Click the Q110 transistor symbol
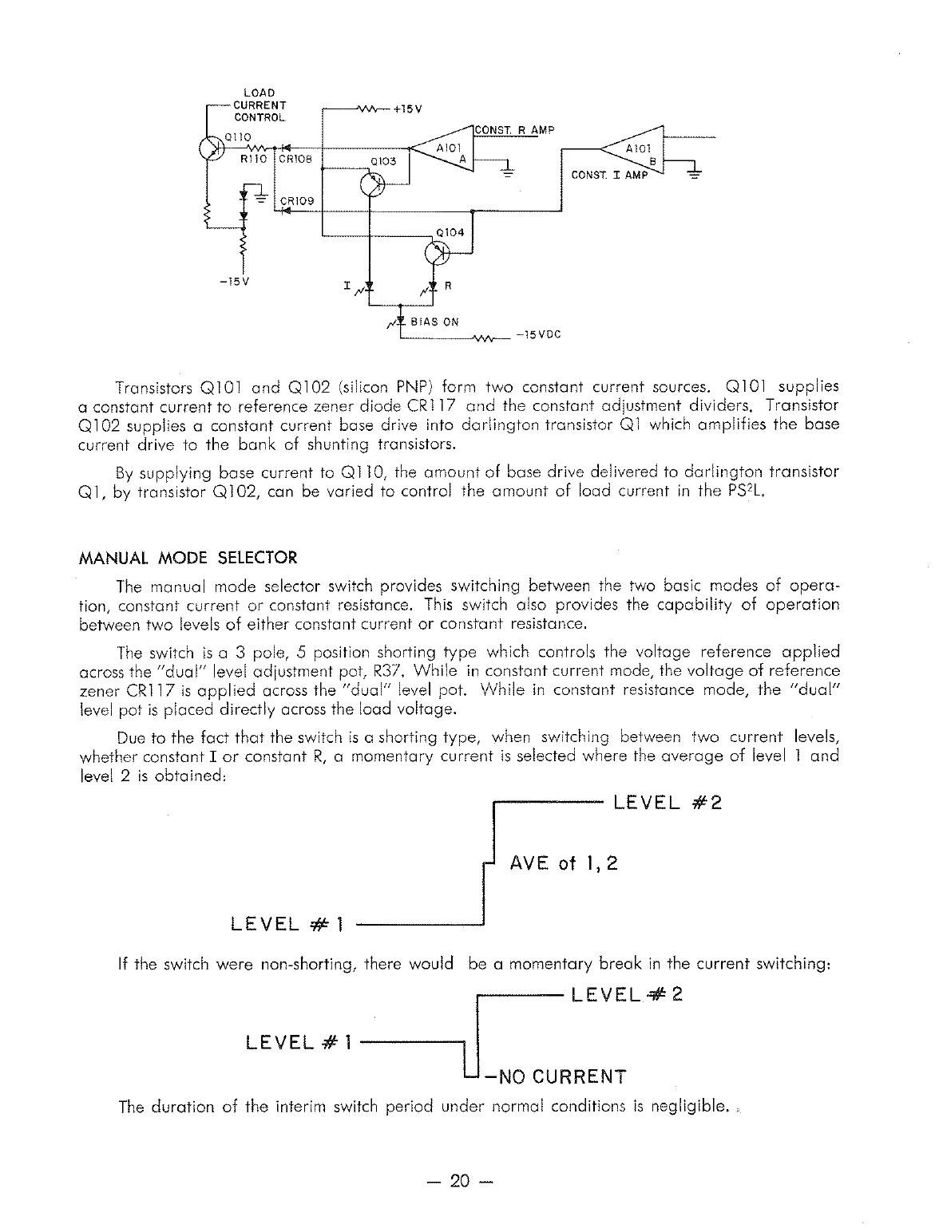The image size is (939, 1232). coord(211,150)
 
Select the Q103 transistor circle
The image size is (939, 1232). coord(372,184)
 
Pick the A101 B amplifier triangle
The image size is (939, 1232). coord(636,152)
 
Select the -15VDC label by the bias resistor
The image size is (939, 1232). coord(538,335)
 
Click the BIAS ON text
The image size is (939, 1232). coord(434,322)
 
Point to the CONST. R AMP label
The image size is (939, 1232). coord(513,130)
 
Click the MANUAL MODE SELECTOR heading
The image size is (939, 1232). coord(188,557)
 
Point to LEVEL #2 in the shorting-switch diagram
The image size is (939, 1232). coord(668,802)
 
